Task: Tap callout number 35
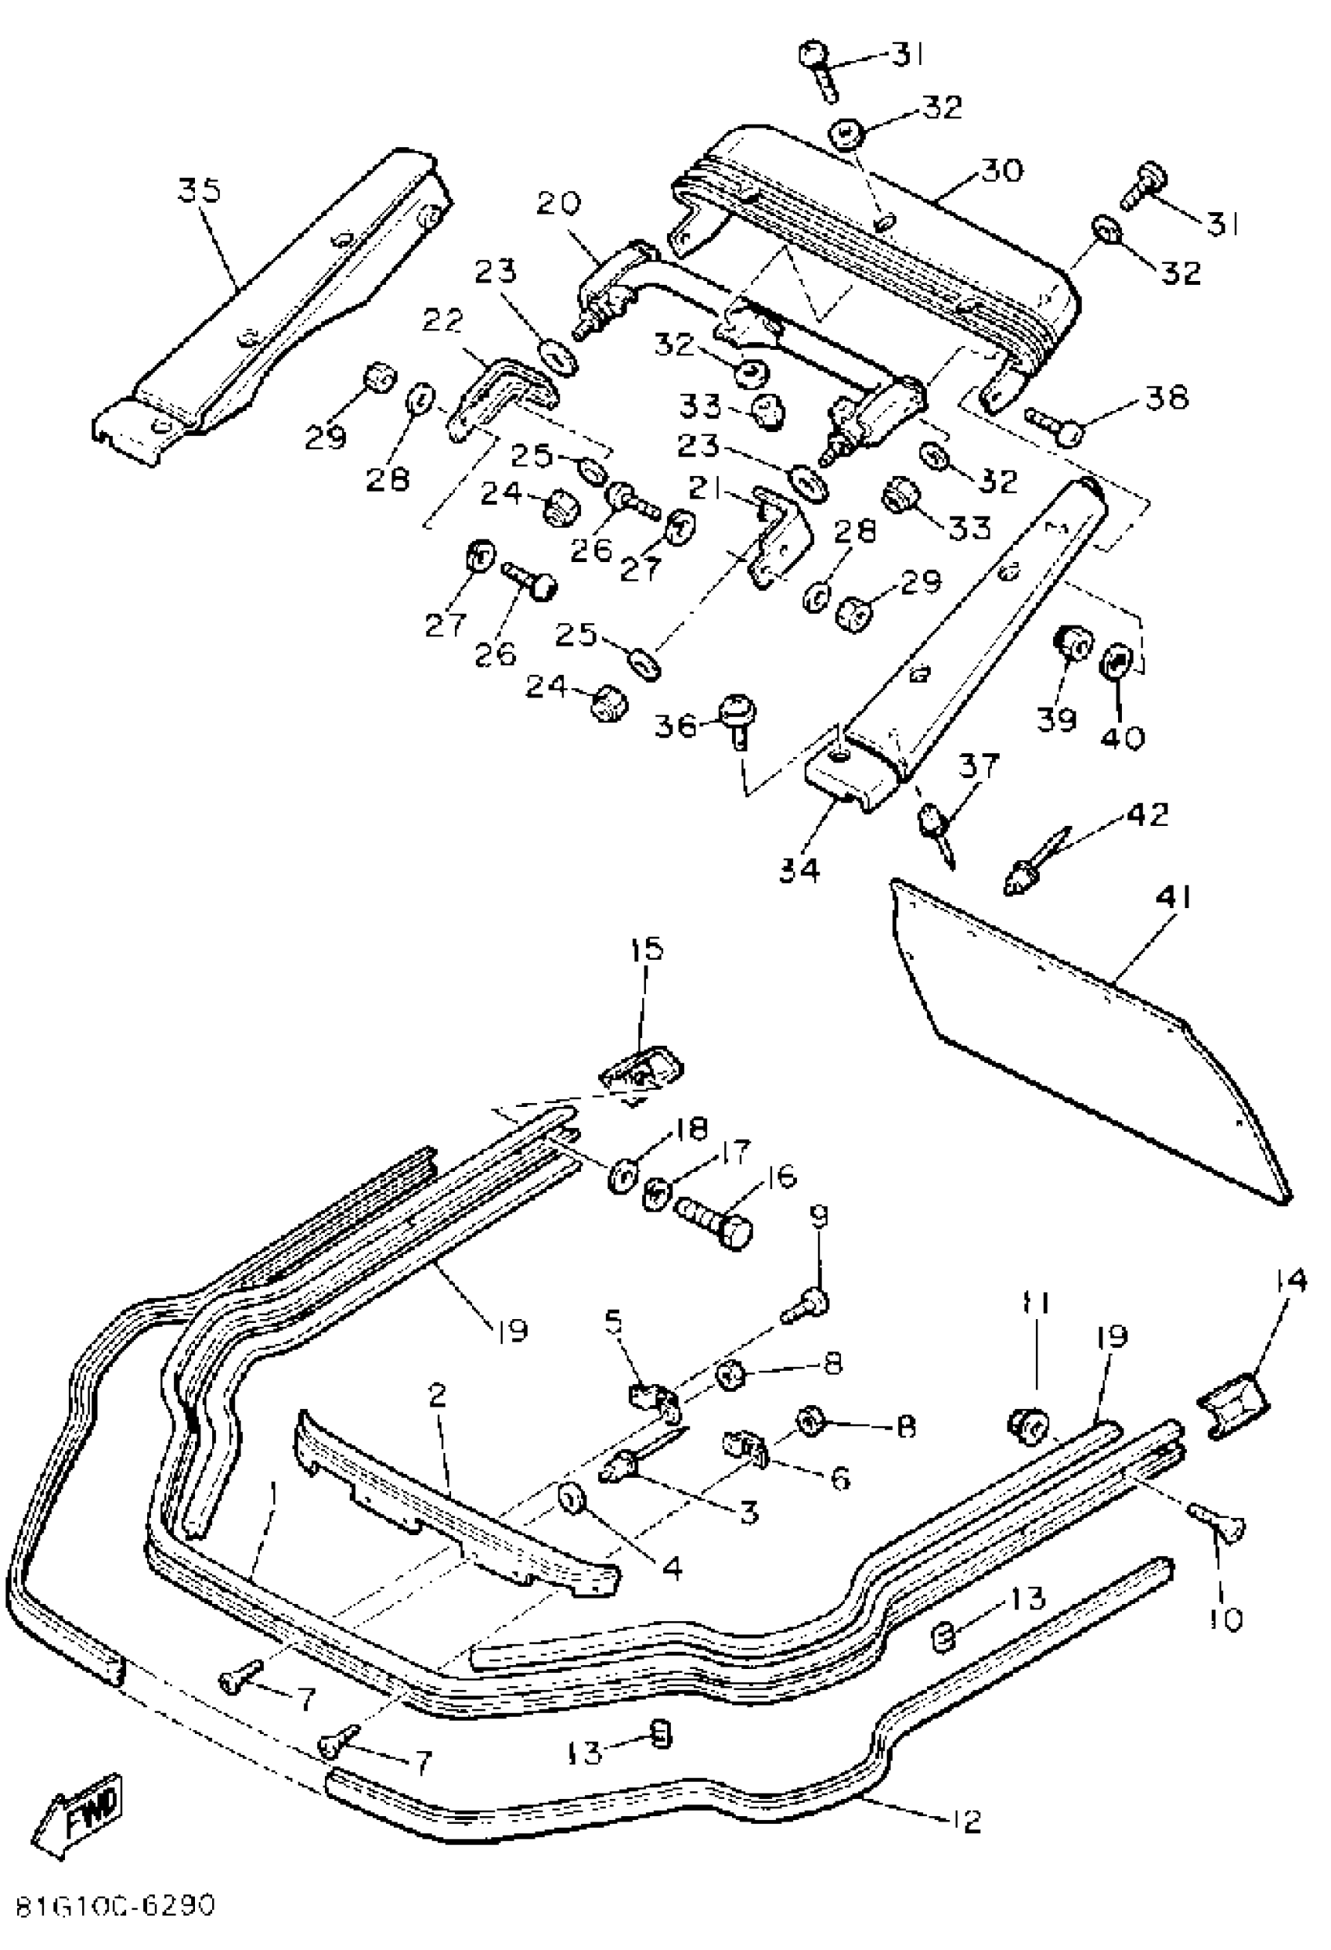coord(200,191)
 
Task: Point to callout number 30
coord(1002,171)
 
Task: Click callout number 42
coord(1147,814)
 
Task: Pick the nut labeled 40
coord(1117,663)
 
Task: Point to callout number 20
coord(559,206)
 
